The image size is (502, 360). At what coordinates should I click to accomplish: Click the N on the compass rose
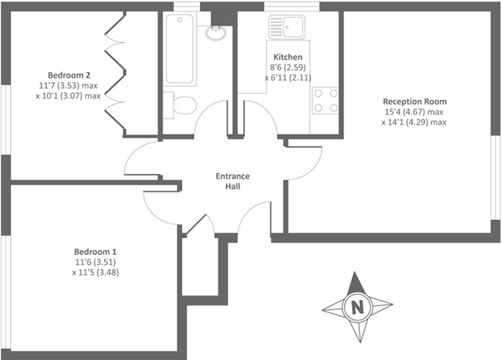pos(357,307)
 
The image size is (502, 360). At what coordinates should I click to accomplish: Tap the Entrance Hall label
pos(232,181)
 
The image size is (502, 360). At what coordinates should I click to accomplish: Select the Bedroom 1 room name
pos(95,252)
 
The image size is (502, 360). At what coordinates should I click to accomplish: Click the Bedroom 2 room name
pos(69,75)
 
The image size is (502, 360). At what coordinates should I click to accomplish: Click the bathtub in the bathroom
pos(180,51)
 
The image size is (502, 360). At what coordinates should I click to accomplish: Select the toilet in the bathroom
pos(181,105)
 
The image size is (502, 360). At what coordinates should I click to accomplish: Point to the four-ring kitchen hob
pos(326,100)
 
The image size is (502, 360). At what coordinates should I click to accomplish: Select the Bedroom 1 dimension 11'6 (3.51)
pos(95,263)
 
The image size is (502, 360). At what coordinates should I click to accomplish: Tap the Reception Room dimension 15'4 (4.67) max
pos(413,112)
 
